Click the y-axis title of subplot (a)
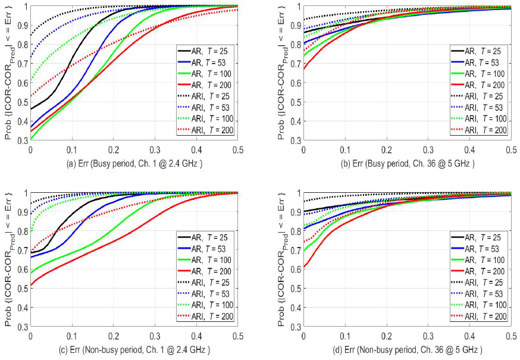8,73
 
